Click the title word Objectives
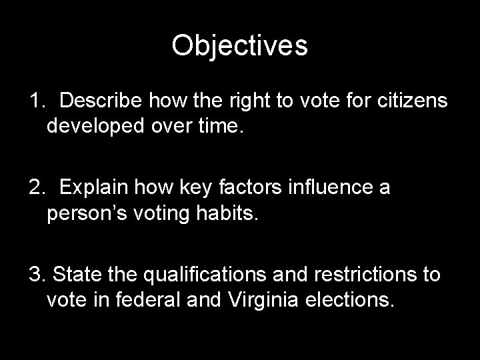click(239, 46)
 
